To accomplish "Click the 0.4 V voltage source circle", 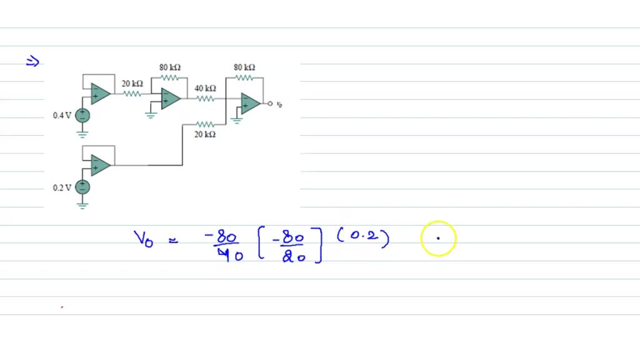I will pyautogui.click(x=82, y=115).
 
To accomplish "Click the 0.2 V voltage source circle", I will pyautogui.click(x=82, y=187).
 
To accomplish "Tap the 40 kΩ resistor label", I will pyautogui.click(x=205, y=88).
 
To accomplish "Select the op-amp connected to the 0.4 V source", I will pyautogui.click(x=100, y=94).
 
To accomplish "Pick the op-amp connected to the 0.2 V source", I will pyautogui.click(x=100, y=165).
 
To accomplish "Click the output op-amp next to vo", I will pyautogui.click(x=251, y=103).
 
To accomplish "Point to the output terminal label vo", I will pyautogui.click(x=279, y=104).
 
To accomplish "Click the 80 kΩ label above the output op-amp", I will pyautogui.click(x=244, y=67).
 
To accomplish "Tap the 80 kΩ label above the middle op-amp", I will pyautogui.click(x=170, y=67).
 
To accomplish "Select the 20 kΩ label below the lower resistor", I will pyautogui.click(x=205, y=134).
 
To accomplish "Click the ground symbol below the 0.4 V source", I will pyautogui.click(x=82, y=132).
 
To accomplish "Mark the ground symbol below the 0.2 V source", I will pyautogui.click(x=82, y=204).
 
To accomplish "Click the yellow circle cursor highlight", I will pyautogui.click(x=438, y=238).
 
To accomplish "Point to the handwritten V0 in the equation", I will pyautogui.click(x=143, y=239).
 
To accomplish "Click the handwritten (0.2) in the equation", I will pyautogui.click(x=363, y=237).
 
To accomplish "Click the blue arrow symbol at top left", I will pyautogui.click(x=32, y=61).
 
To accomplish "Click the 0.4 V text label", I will pyautogui.click(x=62, y=116).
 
